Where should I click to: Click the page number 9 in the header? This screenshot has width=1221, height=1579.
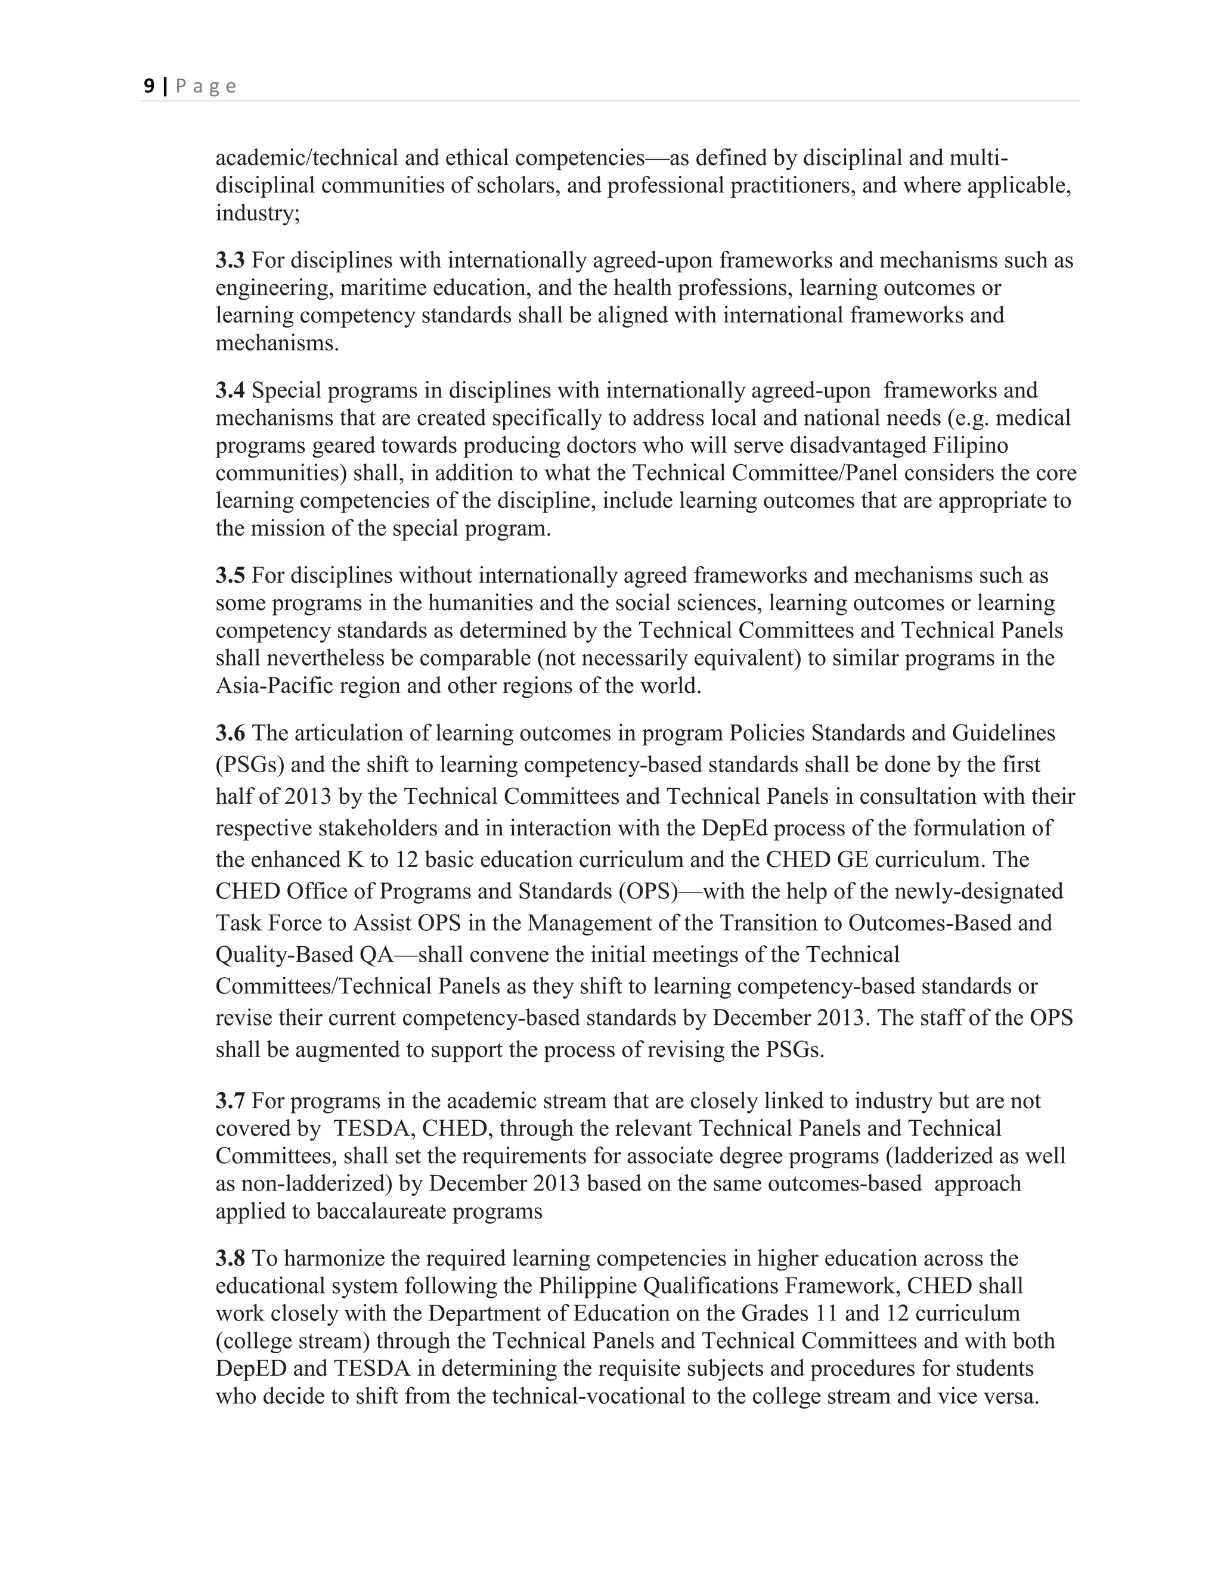point(148,86)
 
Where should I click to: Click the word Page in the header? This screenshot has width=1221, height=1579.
point(206,87)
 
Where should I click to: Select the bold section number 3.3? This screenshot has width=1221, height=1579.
point(230,260)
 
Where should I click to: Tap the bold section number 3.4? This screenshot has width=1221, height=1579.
point(230,390)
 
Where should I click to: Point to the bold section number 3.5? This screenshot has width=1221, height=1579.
point(230,576)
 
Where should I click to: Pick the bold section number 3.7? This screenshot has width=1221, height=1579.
point(230,1101)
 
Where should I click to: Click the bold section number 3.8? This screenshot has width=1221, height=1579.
point(230,1258)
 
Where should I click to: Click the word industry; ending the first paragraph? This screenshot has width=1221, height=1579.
point(258,213)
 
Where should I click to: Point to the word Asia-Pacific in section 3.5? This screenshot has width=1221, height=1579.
point(276,685)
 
